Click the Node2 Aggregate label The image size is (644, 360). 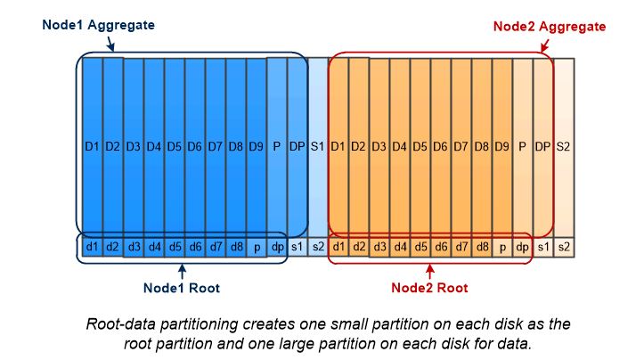tap(550, 27)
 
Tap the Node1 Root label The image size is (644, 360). tap(181, 288)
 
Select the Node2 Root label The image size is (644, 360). tap(429, 288)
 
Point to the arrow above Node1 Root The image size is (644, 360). tap(182, 271)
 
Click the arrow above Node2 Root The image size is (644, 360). tap(430, 271)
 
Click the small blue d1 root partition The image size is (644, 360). tap(91, 246)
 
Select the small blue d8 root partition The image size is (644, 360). tap(235, 246)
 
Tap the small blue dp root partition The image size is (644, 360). tap(276, 246)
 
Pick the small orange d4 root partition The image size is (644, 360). tap(399, 246)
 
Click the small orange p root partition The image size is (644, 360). tap(501, 246)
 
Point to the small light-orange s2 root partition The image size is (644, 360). tap(563, 246)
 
